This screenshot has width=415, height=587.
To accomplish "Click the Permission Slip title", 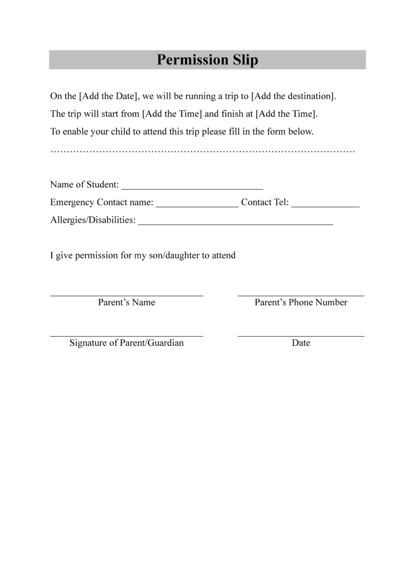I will click(x=207, y=59).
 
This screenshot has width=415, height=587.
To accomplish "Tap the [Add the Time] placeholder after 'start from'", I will click(x=172, y=114).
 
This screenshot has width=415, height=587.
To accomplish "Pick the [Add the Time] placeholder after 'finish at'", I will click(x=286, y=114).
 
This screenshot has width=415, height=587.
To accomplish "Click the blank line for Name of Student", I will click(x=192, y=187).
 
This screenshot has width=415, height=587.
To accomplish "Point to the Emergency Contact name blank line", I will click(x=197, y=205).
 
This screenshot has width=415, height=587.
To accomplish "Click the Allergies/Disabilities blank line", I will click(x=236, y=223).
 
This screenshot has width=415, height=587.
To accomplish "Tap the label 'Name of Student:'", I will click(x=85, y=185).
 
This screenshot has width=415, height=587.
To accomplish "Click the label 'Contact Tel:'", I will click(x=265, y=203).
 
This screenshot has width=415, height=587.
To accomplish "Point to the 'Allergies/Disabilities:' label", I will click(x=93, y=221).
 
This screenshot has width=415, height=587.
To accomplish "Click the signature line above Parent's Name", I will click(x=126, y=295).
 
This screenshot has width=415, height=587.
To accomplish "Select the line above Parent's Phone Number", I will click(x=301, y=295).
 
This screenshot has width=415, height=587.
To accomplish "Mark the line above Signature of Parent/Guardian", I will click(x=126, y=336).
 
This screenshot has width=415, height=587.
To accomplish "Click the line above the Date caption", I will click(x=301, y=336).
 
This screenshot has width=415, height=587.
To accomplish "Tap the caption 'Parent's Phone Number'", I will click(x=301, y=303).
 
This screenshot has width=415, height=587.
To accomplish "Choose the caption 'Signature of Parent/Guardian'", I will click(x=126, y=343).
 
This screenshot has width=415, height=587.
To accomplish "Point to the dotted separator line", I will click(x=203, y=150).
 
